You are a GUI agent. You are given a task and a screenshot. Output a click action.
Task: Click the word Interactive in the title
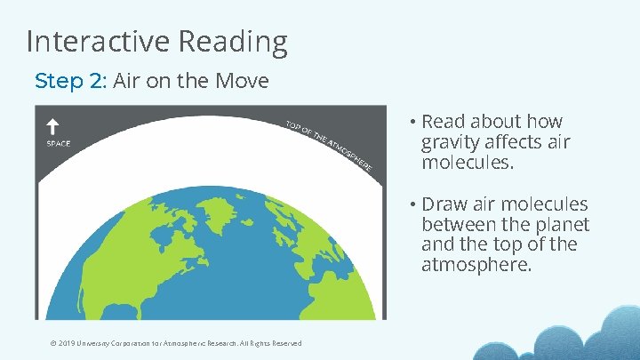[x=99, y=41]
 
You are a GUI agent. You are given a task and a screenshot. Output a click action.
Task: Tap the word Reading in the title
[x=233, y=42]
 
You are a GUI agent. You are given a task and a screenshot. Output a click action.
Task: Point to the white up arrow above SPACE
[x=52, y=126]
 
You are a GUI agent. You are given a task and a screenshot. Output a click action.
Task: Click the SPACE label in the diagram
[x=58, y=143]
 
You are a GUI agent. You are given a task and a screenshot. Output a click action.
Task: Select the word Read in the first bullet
[x=443, y=122]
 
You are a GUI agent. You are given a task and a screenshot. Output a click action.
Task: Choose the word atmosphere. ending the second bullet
[x=476, y=264]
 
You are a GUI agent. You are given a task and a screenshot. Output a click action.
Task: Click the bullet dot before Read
[x=414, y=122]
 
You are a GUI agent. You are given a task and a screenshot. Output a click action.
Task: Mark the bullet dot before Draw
[x=414, y=204]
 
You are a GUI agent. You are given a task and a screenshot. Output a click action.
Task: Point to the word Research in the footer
[x=205, y=343]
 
